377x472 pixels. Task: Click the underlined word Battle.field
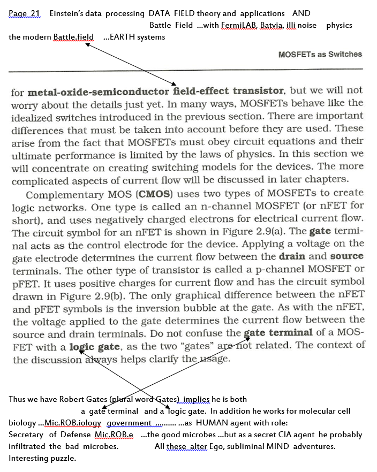coord(73,37)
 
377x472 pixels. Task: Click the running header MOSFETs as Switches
coord(320,54)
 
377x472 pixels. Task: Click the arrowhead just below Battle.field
coord(85,44)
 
